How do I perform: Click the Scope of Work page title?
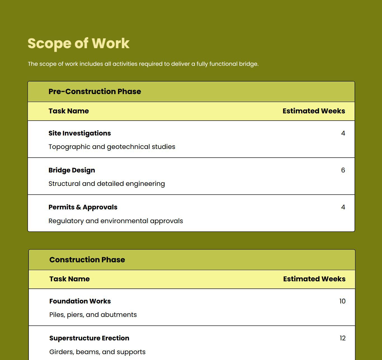pos(79,43)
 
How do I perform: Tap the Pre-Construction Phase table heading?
pos(95,92)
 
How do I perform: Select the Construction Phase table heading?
pos(87,260)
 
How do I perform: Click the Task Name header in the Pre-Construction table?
pos(69,111)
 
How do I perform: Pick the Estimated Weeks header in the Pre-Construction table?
pos(313,111)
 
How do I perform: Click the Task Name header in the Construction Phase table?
pos(69,279)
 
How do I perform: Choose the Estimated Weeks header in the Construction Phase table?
pos(314,279)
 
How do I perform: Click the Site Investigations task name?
pos(79,133)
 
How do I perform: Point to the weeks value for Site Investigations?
pos(343,133)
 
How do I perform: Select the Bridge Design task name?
pos(72,170)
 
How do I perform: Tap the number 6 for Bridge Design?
pos(343,170)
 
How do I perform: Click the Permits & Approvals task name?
pos(83,207)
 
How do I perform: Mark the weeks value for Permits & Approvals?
pos(343,207)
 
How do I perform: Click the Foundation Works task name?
pos(80,301)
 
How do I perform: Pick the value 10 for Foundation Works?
pos(342,301)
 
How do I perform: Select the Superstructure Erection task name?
pos(89,338)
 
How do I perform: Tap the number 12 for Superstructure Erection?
pos(342,338)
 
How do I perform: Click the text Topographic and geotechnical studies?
pos(112,147)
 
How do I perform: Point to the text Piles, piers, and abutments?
pos(93,315)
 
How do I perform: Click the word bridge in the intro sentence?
pos(248,64)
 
